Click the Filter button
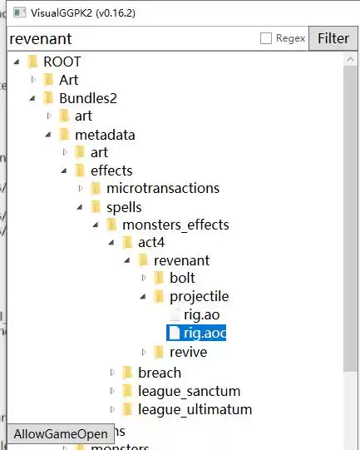(333, 38)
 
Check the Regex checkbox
(265, 38)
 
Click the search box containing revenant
(132, 39)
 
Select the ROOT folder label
(62, 62)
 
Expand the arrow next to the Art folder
(33, 80)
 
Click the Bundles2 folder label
(88, 98)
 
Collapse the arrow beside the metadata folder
(48, 134)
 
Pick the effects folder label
(111, 171)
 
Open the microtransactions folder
(163, 189)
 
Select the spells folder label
(124, 207)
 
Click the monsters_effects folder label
(175, 225)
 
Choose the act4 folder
(151, 243)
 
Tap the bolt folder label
(182, 278)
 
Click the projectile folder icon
(159, 296)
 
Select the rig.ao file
(202, 314)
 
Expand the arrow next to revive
(145, 352)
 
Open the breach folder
(160, 373)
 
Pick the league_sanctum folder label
(189, 392)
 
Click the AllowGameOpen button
(61, 434)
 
